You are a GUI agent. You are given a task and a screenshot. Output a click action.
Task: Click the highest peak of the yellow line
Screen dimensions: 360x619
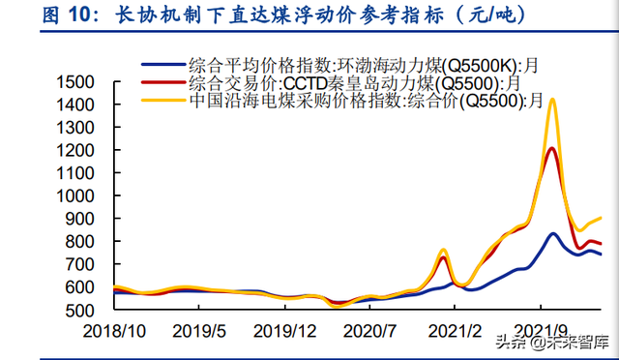(552, 99)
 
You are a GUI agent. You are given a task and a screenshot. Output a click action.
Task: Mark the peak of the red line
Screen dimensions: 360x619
(551, 148)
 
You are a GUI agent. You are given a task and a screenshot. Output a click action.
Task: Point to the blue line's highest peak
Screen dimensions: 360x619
(553, 233)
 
